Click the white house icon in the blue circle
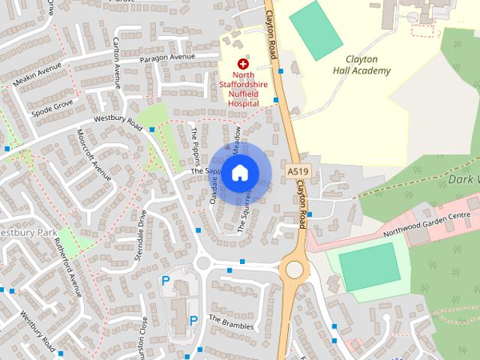(239, 172)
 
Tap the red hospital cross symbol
(242, 64)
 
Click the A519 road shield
(298, 172)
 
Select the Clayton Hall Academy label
(362, 65)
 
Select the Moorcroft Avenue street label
(94, 153)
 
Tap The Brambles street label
(231, 322)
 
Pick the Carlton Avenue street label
(116, 55)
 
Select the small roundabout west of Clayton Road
(202, 263)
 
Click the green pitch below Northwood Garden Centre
(369, 266)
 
